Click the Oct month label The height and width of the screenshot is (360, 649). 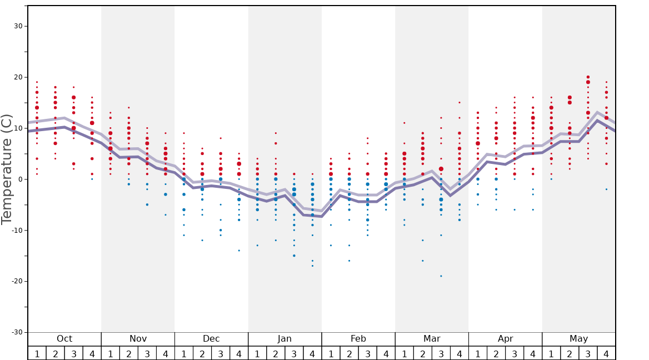tap(64, 339)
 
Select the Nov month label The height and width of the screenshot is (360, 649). tap(138, 339)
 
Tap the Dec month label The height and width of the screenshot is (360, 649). tap(211, 339)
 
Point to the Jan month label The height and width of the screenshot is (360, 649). tap(284, 339)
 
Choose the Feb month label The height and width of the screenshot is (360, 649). tap(358, 339)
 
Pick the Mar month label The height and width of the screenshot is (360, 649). tap(432, 339)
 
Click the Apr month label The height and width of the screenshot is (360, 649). tap(505, 339)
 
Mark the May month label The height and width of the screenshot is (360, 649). tap(578, 339)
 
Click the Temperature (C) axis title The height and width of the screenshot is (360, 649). tap(7, 169)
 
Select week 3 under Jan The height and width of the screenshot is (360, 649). tap(294, 353)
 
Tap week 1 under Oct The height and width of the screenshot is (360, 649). tap(37, 353)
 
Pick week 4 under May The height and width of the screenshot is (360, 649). tap(606, 353)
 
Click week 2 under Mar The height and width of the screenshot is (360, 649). tap(422, 353)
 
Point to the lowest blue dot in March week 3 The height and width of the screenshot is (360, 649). tap(441, 276)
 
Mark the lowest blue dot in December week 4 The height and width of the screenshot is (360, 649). tap(239, 251)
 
